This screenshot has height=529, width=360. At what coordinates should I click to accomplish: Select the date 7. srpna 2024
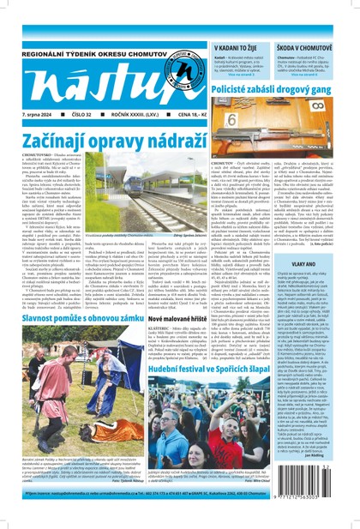(31, 113)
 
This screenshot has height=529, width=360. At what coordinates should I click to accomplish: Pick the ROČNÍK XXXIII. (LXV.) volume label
(118, 113)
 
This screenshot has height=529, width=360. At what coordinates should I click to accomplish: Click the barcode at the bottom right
(328, 492)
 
